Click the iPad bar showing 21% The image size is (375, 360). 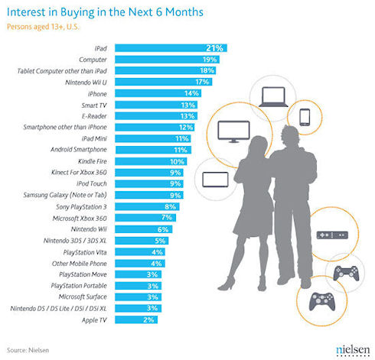coord(171,48)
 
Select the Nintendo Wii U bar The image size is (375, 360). coord(163,82)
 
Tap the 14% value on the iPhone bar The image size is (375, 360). coord(191,93)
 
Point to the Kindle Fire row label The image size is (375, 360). coord(93,161)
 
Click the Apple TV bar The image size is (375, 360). coord(136,319)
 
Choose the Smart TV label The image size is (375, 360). coord(94,105)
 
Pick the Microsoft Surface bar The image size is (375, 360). coord(138,297)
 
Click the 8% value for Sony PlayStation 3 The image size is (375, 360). coord(170,206)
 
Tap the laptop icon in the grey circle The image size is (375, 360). coord(273,97)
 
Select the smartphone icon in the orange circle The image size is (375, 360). coord(305,117)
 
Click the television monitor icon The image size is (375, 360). coord(233,131)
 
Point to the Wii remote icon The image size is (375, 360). coord(332,235)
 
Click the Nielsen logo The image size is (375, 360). coord(353,350)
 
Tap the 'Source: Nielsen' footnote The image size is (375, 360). coord(28,350)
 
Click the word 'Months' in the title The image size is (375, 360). coord(184,12)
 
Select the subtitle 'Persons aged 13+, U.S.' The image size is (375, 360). coord(43,27)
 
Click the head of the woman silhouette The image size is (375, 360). coord(258,146)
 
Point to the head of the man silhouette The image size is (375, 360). coord(291,135)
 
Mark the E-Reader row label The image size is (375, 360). coord(94,116)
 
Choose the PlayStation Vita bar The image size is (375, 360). coord(140,252)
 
